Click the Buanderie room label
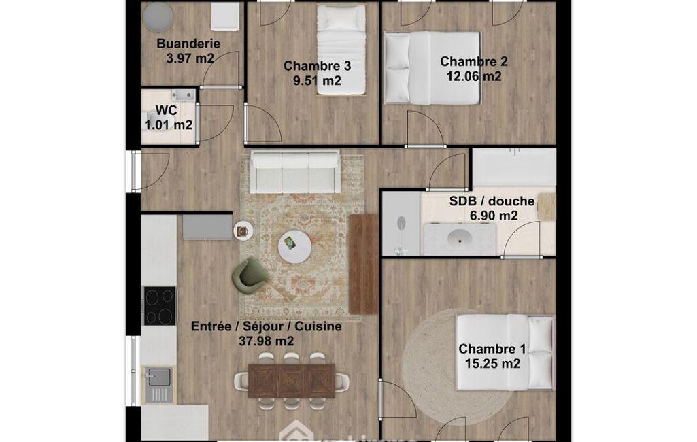tap(188, 44)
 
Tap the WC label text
tap(166, 110)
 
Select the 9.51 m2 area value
tap(317, 80)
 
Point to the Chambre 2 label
tap(473, 61)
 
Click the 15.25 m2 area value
tap(492, 363)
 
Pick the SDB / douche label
tap(492, 201)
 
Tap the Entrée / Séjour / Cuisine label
tap(267, 326)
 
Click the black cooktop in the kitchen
tap(159, 305)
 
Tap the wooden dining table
tap(291, 381)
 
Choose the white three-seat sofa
tap(294, 171)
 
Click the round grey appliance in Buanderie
tap(158, 16)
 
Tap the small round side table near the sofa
tap(243, 231)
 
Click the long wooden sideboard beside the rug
tap(363, 264)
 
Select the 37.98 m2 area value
tap(267, 341)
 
